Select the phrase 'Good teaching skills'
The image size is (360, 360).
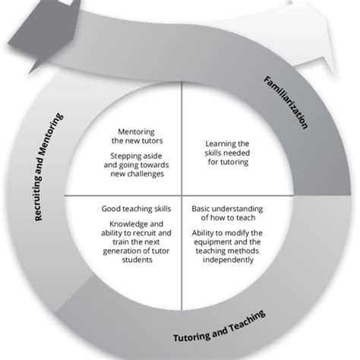136,207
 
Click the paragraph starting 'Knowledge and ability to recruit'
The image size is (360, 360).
136,243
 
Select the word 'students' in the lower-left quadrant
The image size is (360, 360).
137,258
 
